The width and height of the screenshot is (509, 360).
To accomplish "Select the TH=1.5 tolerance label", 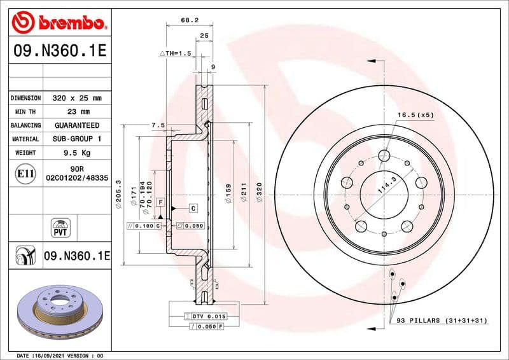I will coord(175,53).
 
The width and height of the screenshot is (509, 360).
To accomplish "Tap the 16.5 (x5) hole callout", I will coord(415,115).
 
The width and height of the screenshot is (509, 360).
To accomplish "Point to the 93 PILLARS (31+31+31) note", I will coord(444,321).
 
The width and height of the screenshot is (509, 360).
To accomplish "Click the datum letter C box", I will coord(193,208).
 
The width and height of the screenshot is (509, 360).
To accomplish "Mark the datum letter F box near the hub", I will coord(161,202).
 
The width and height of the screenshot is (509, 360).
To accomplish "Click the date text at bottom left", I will coord(59,355).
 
